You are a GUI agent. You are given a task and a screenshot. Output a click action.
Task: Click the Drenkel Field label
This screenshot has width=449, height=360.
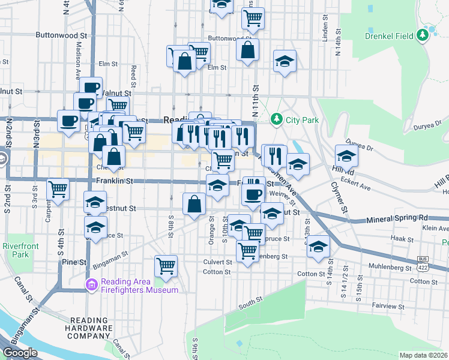tap(389, 36)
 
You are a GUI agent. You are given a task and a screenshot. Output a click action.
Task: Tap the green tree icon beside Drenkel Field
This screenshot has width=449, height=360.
tap(423, 35)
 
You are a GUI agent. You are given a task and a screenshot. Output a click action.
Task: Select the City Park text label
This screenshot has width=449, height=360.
tap(302, 120)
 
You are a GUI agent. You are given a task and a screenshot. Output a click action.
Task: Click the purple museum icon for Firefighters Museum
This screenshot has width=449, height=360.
tap(91, 283)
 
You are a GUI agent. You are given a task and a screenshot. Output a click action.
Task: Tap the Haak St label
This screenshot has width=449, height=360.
tap(399, 238)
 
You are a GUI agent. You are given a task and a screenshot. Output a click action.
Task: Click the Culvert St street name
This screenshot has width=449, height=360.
tap(217, 262)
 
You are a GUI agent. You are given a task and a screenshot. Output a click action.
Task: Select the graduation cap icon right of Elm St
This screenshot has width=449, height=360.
tap(285, 61)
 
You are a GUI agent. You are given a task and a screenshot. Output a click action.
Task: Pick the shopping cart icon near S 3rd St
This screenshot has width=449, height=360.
tap(58, 189)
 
